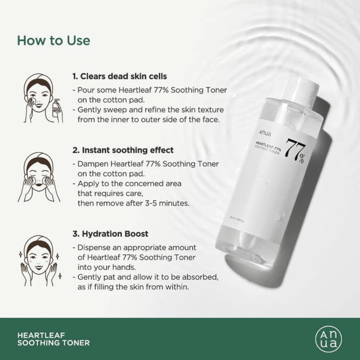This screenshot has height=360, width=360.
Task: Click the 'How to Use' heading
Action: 54,41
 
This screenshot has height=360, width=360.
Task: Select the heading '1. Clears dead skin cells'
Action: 120,76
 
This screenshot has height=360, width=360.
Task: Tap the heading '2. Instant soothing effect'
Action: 123,150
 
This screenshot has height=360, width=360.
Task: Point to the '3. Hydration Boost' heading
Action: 110,234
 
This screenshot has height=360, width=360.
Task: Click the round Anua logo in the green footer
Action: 328,339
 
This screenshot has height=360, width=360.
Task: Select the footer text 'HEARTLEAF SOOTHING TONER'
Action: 53,339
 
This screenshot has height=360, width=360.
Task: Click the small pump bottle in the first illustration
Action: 56,107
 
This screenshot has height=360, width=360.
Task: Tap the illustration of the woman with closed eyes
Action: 39,177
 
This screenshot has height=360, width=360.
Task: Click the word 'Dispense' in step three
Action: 92,248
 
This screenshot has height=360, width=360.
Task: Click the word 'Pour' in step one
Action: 85,90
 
